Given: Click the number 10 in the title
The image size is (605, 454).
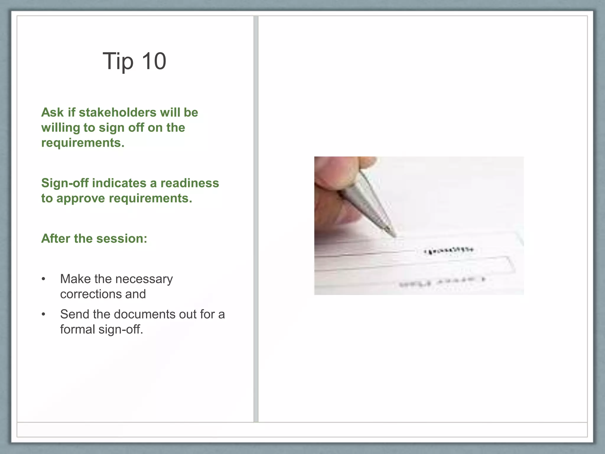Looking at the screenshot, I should tap(154, 61).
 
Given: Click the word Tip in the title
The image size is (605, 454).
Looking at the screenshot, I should tap(118, 61).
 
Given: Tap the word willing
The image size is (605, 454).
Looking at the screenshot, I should tap(61, 128).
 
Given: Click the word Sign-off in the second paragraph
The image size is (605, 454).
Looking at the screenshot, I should tap(65, 183).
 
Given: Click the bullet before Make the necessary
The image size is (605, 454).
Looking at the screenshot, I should tap(43, 279).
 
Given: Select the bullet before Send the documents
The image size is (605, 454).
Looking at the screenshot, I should tap(43, 314).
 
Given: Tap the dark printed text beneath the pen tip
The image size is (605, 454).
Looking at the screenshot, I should tap(449, 251).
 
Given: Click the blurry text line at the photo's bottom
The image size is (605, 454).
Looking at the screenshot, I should tap(442, 282).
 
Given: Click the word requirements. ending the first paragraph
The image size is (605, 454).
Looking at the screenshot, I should tap(83, 143).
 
